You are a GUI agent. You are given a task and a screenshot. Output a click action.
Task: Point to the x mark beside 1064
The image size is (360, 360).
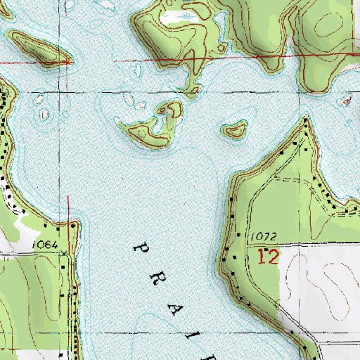[x=64, y=251]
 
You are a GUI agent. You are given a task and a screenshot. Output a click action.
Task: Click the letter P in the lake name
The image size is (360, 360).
[x=138, y=247]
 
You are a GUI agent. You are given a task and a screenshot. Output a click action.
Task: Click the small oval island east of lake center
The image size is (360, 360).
[x=234, y=129]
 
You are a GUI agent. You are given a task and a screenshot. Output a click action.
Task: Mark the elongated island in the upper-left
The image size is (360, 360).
[x=42, y=51]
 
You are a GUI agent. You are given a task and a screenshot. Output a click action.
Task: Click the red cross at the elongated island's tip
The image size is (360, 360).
[x=67, y=62]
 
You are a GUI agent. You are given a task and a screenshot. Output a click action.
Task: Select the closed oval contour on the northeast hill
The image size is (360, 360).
[x=326, y=27]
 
